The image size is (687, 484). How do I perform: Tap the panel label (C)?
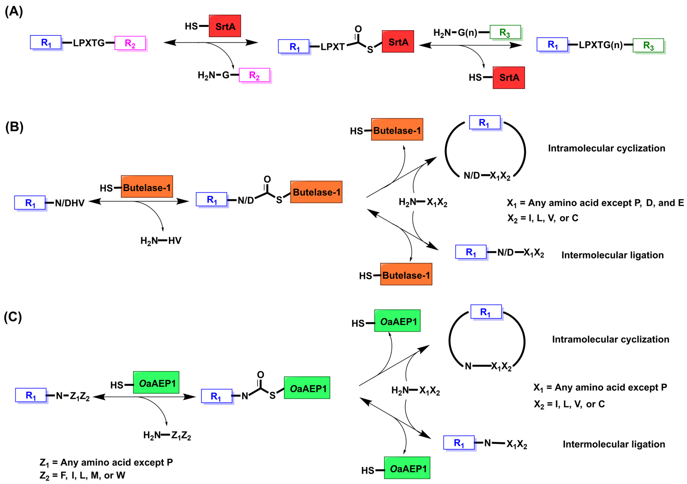pyautogui.click(x=13, y=317)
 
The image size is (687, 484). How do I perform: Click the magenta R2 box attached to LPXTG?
pyautogui.click(x=130, y=43)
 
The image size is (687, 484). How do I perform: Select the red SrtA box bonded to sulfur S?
pyautogui.click(x=398, y=42)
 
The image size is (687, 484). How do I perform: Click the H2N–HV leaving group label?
pyautogui.click(x=161, y=240)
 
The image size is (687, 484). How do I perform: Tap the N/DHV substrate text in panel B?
pyautogui.click(x=70, y=203)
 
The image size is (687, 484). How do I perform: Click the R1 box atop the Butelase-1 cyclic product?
pyautogui.click(x=485, y=123)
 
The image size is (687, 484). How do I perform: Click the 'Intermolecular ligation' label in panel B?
pyautogui.click(x=612, y=255)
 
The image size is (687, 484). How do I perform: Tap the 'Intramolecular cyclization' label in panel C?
pyautogui.click(x=610, y=339)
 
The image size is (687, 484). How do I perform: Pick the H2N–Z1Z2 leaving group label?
pyautogui.click(x=167, y=435)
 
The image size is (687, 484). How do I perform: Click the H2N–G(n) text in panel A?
pyautogui.click(x=455, y=33)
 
